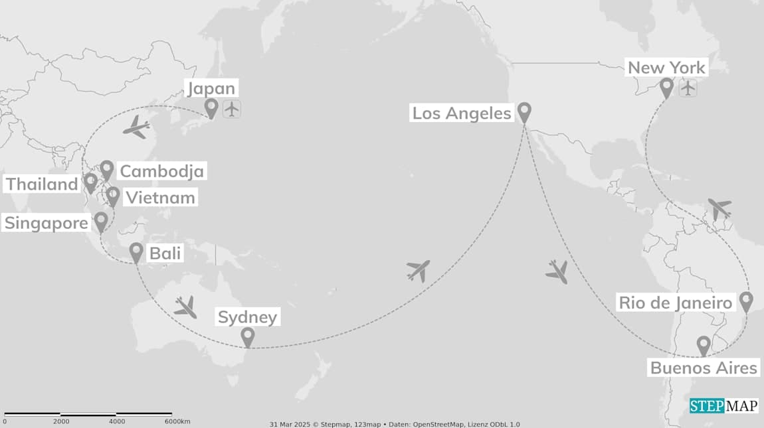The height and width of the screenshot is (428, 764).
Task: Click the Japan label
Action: coord(211,89)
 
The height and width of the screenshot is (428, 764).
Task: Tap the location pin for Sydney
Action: coord(248,336)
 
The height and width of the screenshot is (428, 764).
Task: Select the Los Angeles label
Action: coord(462,113)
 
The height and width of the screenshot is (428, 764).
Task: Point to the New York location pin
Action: coord(667,87)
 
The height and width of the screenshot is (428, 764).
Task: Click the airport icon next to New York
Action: coord(688,88)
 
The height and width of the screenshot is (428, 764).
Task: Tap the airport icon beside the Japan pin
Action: coord(231,109)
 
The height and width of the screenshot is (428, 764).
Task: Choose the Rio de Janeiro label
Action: coord(676,303)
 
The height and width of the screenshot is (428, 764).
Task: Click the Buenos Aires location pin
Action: coord(704,344)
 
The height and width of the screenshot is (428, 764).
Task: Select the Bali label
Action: coord(165,253)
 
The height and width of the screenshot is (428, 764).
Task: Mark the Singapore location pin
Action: coord(101,221)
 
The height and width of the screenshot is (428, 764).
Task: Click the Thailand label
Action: coord(42,184)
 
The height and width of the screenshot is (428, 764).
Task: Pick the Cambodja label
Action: coord(161,171)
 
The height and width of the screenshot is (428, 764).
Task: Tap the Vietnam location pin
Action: coord(113,196)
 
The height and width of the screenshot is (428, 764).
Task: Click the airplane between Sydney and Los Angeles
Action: coord(418,271)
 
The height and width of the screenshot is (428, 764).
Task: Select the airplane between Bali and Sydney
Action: coord(185,307)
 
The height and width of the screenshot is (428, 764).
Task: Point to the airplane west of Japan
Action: coord(137,127)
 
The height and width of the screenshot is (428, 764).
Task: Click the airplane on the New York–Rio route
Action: coord(719,208)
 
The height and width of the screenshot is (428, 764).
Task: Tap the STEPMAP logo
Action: coord(723,405)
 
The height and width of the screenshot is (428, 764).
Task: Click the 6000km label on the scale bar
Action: coord(177,421)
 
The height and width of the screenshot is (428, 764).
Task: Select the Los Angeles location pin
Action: coord(524,111)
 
